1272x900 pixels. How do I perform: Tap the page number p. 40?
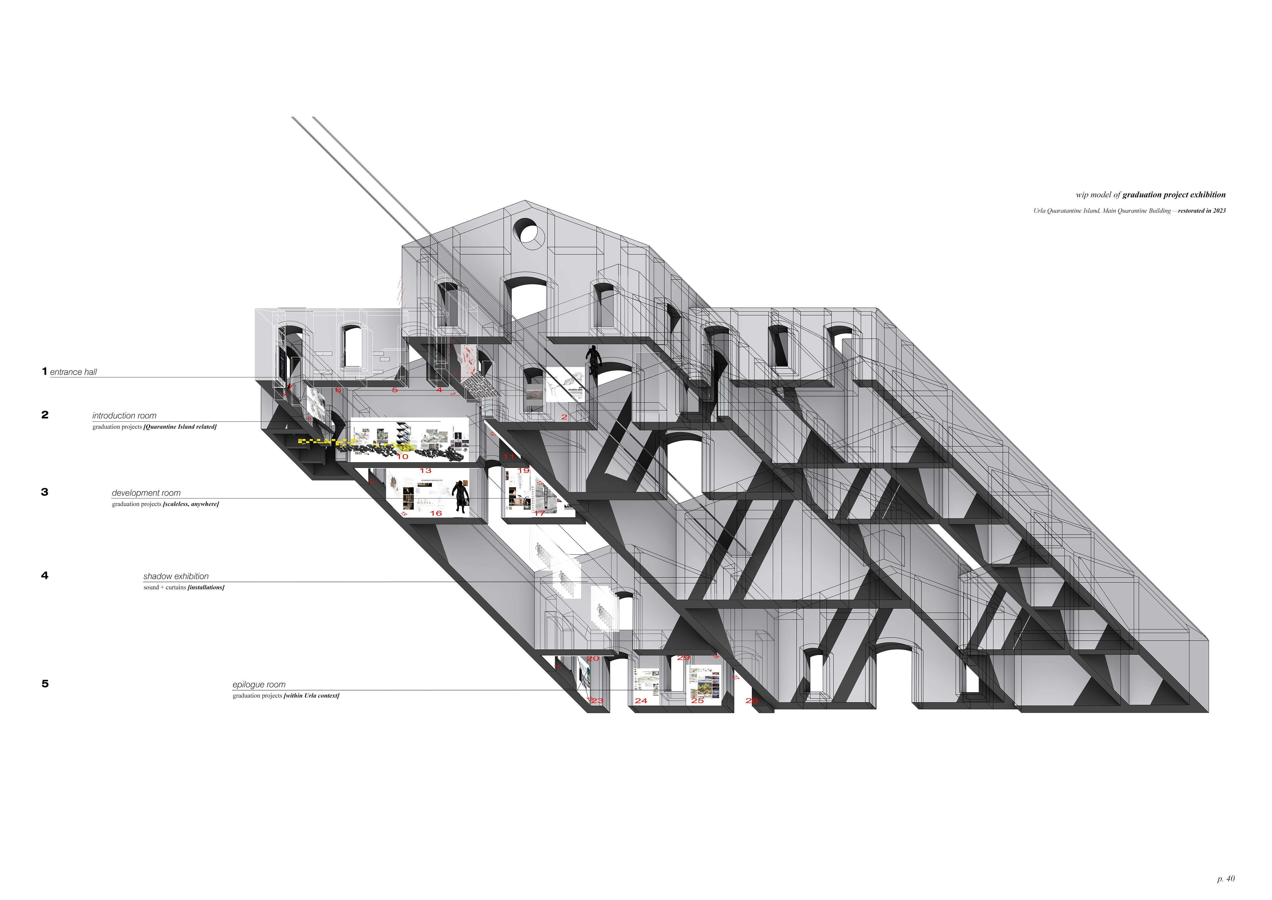tap(1226, 878)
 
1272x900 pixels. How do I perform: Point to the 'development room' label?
tap(146, 493)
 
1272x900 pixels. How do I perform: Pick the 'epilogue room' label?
tap(259, 684)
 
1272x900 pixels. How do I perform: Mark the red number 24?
tap(641, 701)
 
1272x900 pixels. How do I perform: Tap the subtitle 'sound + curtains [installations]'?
tap(184, 588)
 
